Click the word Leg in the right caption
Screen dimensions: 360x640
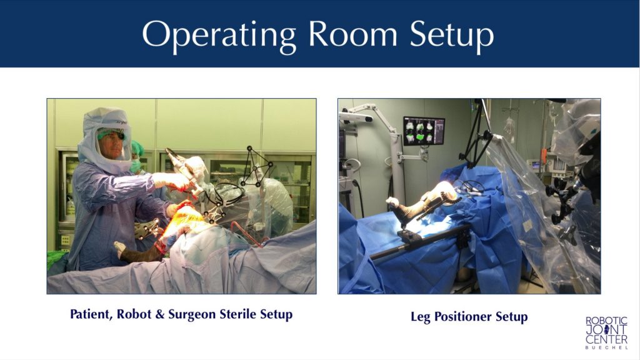click(x=420, y=317)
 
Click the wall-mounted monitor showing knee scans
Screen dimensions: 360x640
click(x=423, y=131)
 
